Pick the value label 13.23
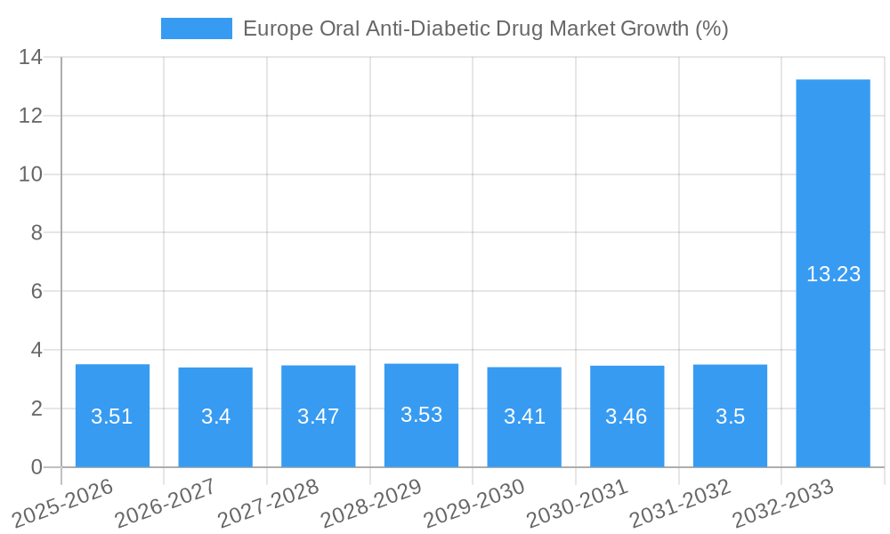[x=833, y=274]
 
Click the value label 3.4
[x=215, y=417]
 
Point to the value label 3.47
[x=318, y=417]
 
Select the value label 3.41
[x=524, y=417]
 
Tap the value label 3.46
[x=627, y=417]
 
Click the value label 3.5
[x=730, y=417]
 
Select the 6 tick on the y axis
[x=36, y=292]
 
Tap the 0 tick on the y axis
[x=36, y=467]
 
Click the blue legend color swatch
[x=196, y=28]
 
